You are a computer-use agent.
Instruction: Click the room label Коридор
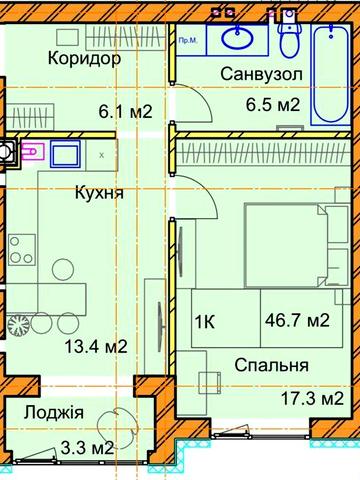point(84,58)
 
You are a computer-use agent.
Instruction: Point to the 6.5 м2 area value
point(273,104)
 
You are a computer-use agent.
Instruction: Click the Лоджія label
point(55,413)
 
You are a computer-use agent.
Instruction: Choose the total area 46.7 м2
point(298,321)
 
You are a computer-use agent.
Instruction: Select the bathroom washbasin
point(238,39)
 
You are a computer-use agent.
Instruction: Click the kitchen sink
point(67,155)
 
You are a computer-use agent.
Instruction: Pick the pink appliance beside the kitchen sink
point(32,152)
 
